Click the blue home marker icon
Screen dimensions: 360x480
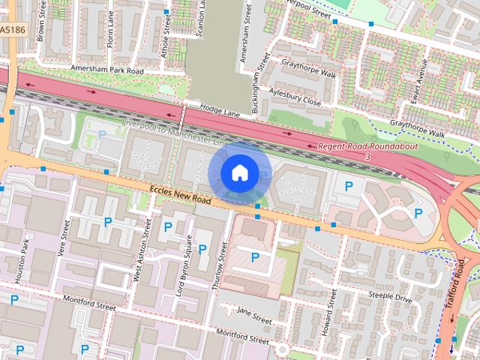tap(239, 172)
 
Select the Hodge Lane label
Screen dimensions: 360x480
tap(220, 110)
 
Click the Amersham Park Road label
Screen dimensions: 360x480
tap(106, 68)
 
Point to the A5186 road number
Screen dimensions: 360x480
tap(10, 30)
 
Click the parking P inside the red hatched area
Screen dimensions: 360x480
tap(255, 258)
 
